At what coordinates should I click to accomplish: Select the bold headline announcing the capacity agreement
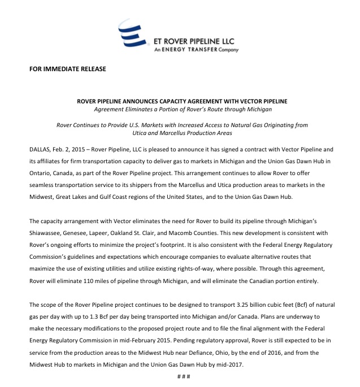coord(182,101)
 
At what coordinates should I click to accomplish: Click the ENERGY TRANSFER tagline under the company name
coord(197,50)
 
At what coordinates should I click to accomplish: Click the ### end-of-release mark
coord(181,376)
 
